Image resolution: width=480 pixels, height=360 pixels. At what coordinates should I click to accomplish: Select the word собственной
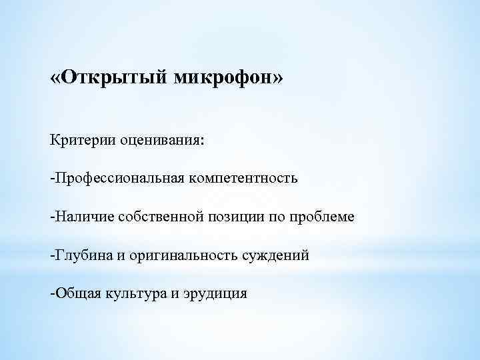(x=151, y=217)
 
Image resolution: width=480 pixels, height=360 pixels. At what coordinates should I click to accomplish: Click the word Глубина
(x=79, y=255)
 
